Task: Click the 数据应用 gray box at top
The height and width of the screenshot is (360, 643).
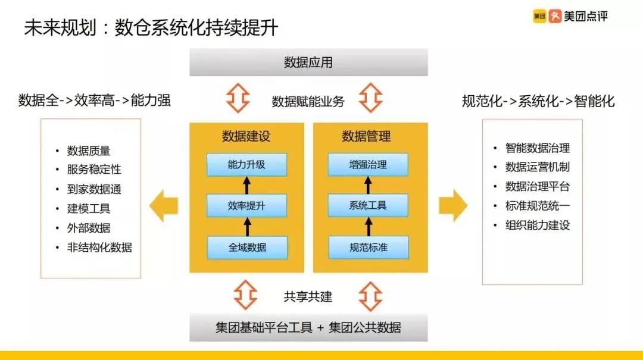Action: pos(308,62)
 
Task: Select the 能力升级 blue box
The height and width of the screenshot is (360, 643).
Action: pos(246,165)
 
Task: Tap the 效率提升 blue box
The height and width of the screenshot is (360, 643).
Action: pos(246,206)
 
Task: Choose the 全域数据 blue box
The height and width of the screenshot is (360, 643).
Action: pos(246,247)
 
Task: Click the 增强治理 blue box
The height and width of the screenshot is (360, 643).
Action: pos(368,165)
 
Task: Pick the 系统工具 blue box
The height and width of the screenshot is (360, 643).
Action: pos(368,206)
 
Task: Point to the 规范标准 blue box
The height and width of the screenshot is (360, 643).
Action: pos(368,247)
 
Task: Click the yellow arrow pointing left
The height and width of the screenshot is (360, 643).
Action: pos(164,206)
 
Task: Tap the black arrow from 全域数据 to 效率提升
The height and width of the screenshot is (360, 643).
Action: pos(246,227)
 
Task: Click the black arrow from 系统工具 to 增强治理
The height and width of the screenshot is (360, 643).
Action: pos(368,185)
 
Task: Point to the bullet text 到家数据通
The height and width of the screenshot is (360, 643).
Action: pos(94,189)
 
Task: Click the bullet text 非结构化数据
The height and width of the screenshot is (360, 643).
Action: pos(99,248)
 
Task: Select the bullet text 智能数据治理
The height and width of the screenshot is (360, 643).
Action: pos(538,148)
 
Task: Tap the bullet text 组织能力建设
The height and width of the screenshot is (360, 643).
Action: pos(538,226)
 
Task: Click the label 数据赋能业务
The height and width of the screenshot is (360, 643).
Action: pos(308,101)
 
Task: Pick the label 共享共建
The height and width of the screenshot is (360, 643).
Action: pos(308,296)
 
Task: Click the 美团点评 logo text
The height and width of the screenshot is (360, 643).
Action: pos(586,17)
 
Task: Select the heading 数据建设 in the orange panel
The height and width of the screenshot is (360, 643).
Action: pos(246,136)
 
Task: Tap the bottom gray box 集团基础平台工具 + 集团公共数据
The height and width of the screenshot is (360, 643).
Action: pos(308,327)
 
